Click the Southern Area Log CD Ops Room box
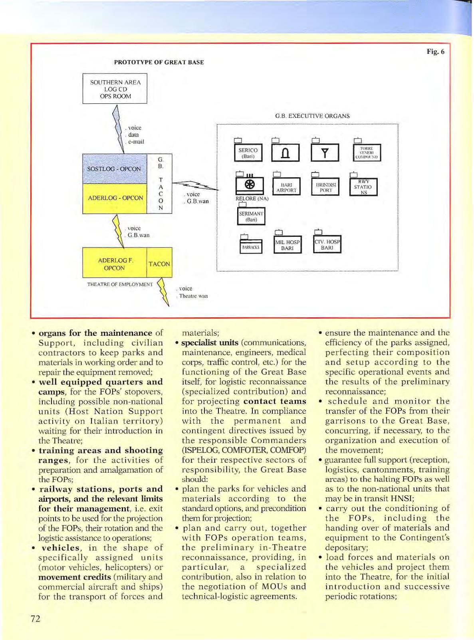115,89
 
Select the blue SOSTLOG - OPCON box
114,169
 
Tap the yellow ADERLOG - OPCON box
115,198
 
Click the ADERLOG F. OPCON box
115,264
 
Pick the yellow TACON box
159,264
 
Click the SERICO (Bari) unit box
248,153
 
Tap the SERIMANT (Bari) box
251,216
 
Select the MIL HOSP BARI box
287,245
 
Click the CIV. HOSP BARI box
327,245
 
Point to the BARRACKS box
251,247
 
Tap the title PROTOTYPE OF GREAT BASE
159,62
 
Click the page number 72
35,619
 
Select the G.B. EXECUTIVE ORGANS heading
312,116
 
